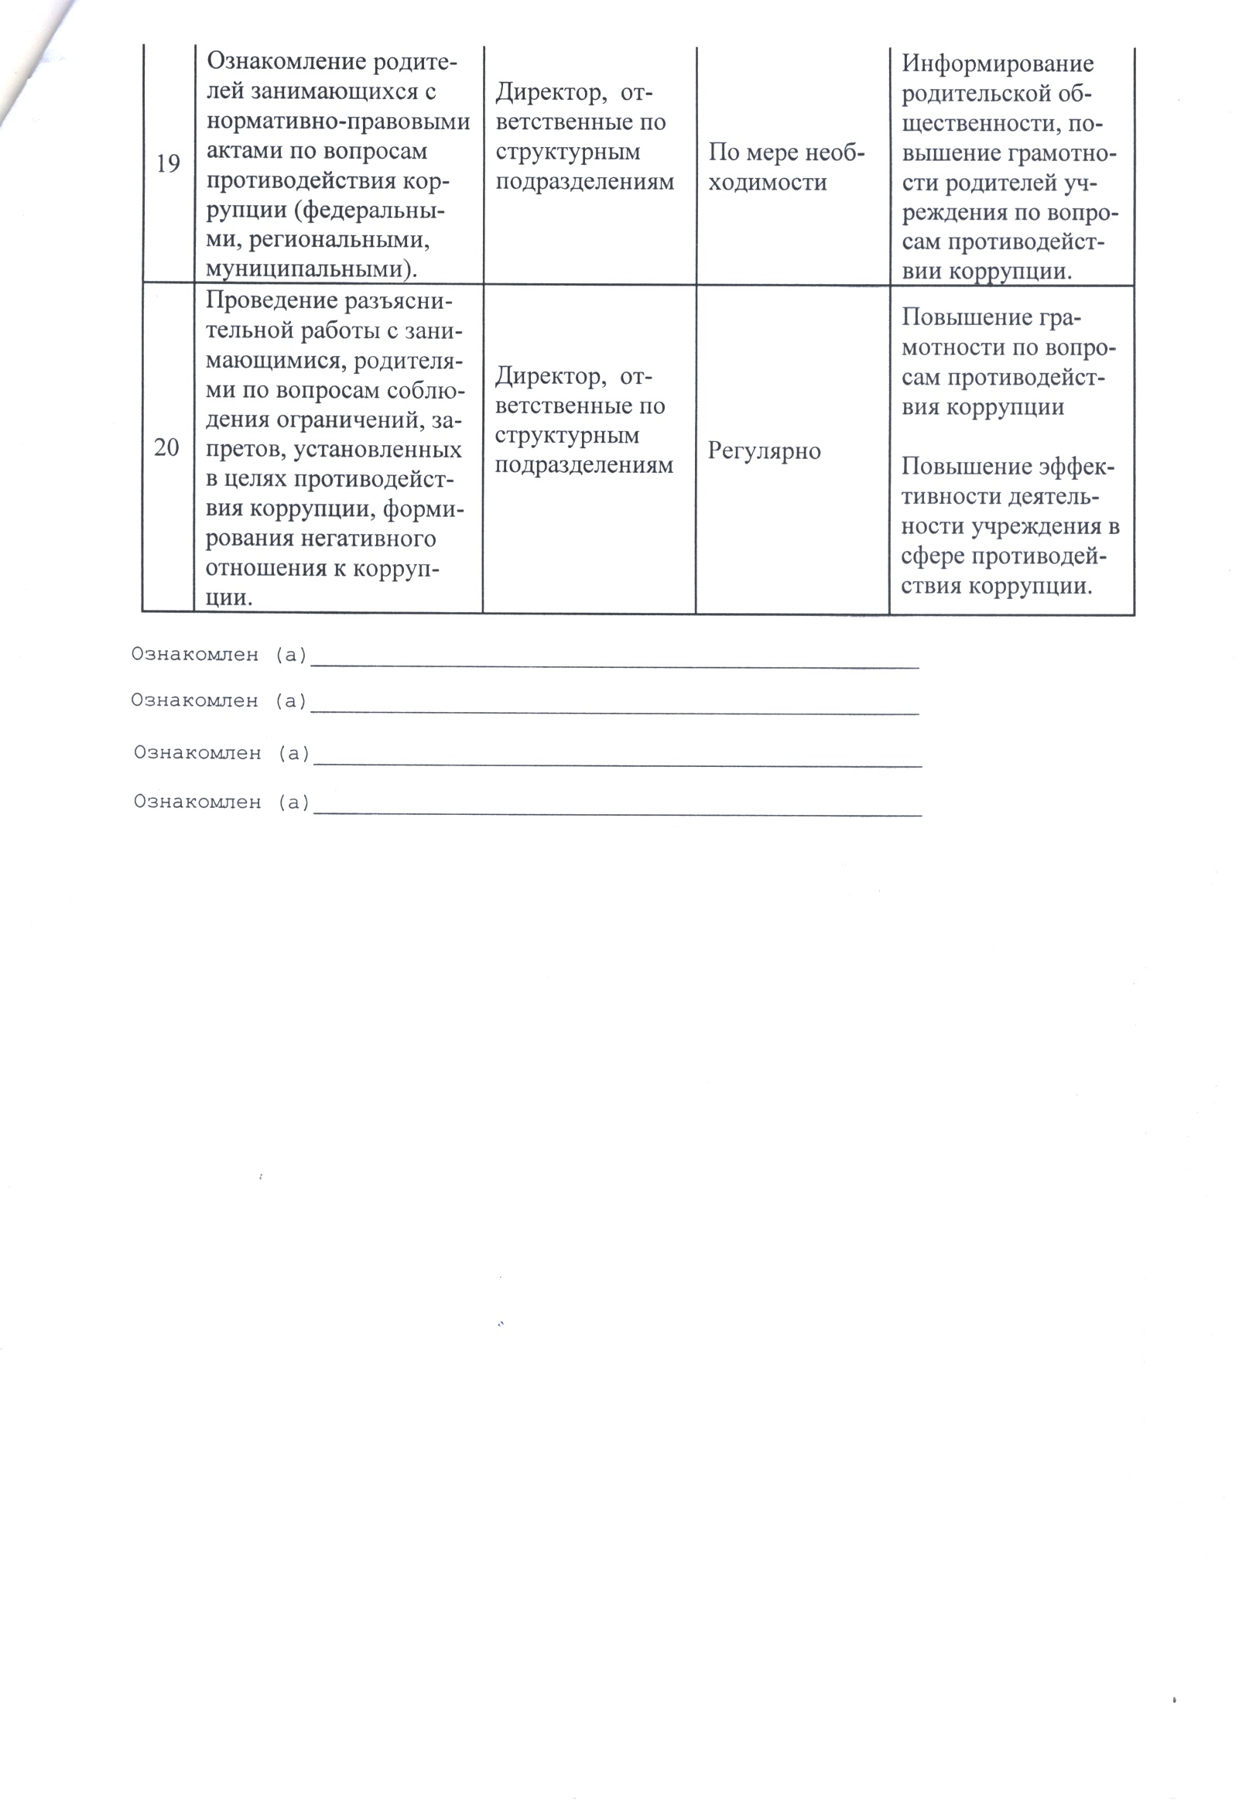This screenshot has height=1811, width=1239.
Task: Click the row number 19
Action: click(x=168, y=164)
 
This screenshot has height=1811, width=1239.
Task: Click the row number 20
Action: click(x=166, y=448)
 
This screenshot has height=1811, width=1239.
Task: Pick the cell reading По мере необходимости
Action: click(x=785, y=166)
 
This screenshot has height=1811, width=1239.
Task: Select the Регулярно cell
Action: click(x=764, y=451)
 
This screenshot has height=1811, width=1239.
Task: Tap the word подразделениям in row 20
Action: click(x=584, y=465)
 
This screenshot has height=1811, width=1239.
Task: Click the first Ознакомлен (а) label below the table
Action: click(x=219, y=655)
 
